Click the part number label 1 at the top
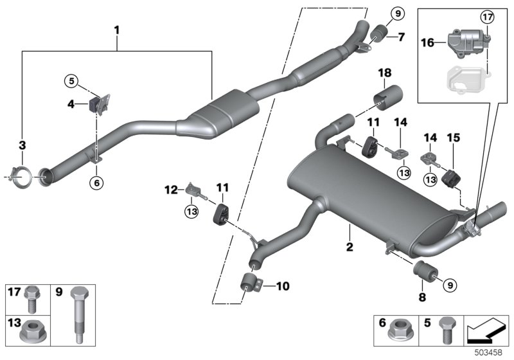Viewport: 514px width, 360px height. [117, 29]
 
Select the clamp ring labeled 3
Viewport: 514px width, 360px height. [24, 173]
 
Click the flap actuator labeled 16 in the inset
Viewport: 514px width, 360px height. [467, 44]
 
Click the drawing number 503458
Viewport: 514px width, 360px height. [492, 354]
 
